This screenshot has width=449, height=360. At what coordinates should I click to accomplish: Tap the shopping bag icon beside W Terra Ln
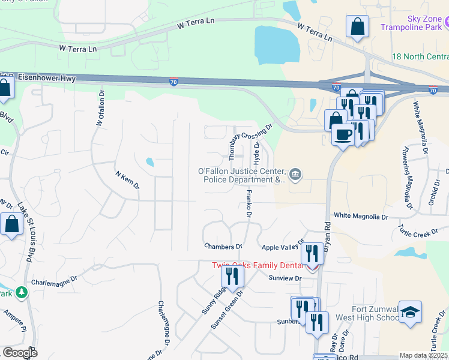[357, 27]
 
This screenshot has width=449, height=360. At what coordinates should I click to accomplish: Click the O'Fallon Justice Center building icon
[295, 175]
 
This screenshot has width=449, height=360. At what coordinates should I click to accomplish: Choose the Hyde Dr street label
[256, 154]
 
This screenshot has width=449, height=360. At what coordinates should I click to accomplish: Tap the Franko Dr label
[247, 203]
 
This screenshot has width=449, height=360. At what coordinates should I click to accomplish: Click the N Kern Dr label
[127, 180]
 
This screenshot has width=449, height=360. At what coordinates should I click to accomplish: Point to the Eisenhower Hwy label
[45, 77]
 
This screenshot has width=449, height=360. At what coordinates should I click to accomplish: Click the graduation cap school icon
[411, 313]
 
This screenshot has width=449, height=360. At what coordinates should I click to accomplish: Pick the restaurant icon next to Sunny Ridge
[232, 276]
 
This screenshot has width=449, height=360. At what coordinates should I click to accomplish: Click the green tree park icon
[22, 292]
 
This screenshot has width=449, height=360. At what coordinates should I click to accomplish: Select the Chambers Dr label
[223, 246]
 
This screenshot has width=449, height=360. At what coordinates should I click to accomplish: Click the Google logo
[19, 353]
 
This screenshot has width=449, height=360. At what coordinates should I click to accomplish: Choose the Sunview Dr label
[285, 278]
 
